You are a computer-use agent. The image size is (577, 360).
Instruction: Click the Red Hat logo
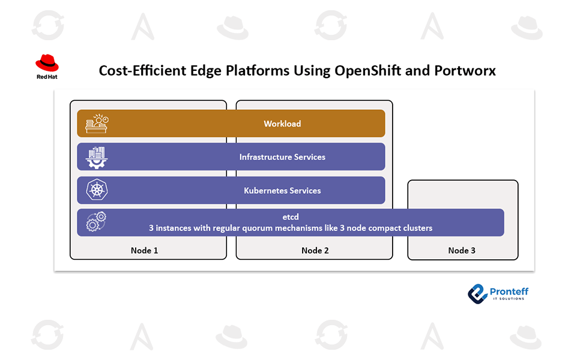point(47,66)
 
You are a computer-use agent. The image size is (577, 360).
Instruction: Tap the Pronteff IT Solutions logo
point(498,292)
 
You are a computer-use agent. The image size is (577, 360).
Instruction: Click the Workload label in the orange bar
point(282,124)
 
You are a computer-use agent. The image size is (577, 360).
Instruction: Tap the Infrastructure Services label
point(282,157)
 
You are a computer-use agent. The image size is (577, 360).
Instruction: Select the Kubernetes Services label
point(282,191)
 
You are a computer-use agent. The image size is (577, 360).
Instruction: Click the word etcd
point(291,217)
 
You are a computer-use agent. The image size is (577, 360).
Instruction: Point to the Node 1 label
point(145,250)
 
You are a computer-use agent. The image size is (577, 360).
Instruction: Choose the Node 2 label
point(315,250)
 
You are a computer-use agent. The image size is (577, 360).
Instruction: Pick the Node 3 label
point(462,250)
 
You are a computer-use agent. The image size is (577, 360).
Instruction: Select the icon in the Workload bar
point(96,124)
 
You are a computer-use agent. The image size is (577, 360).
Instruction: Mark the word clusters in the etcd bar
point(416,228)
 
